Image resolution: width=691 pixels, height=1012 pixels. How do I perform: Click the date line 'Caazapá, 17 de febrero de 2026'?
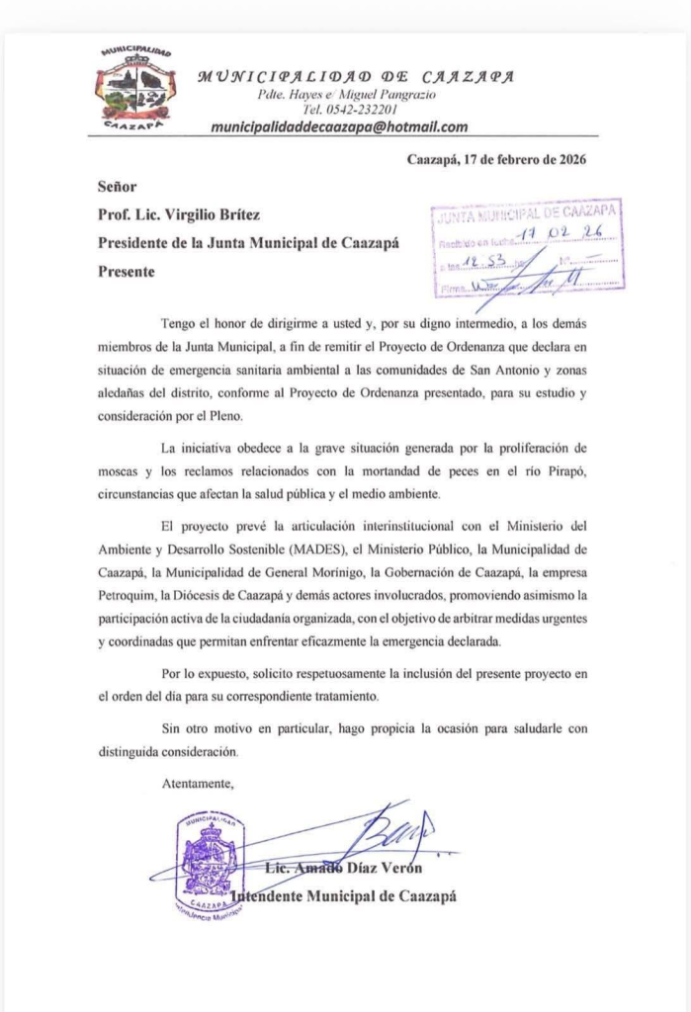tap(502, 160)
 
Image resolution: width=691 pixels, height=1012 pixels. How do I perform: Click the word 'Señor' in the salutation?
tap(117, 186)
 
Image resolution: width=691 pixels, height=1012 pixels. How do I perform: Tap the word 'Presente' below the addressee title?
tap(126, 271)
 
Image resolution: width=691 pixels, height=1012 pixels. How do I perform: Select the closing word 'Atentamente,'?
tap(198, 784)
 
